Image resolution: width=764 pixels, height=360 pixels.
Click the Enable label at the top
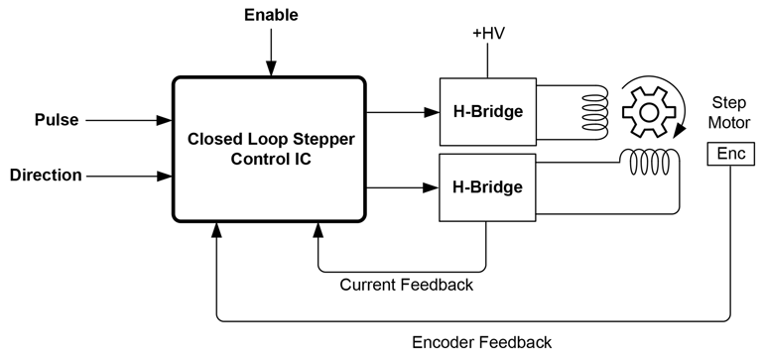[270, 15]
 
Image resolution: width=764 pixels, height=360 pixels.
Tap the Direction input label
[46, 176]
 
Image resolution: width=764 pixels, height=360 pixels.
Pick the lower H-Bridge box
[487, 185]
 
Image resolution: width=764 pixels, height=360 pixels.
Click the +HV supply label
[487, 35]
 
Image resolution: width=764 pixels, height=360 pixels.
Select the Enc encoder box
[730, 154]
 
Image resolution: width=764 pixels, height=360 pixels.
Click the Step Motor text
[730, 111]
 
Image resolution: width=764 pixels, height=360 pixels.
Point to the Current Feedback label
[406, 286]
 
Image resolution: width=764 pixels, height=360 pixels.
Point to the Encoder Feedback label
[481, 343]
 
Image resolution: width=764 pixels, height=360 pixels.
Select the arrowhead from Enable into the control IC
[270, 67]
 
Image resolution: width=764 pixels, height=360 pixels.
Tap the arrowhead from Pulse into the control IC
[164, 121]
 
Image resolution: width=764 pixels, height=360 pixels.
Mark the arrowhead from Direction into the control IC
[164, 177]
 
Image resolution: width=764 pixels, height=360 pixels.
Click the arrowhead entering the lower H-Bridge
[431, 185]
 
